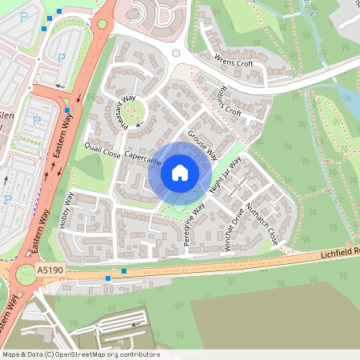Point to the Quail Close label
click(x=102, y=150)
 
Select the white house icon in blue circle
click(x=180, y=172)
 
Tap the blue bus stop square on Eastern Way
click(x=67, y=111)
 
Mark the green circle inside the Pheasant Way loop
click(x=133, y=111)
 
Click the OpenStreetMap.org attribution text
click(x=80, y=354)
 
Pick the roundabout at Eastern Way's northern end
click(x=102, y=24)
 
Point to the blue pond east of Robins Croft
click(x=350, y=102)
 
